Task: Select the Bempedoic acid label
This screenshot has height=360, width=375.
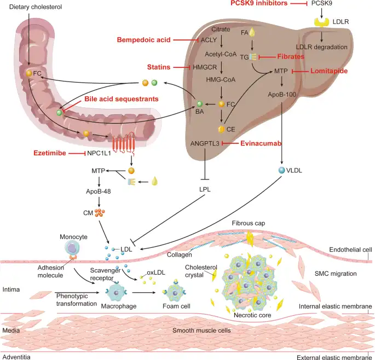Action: [x=144, y=39]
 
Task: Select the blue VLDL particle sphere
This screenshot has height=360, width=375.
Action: [x=281, y=171]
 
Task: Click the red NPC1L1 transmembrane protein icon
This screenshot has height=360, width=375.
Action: [x=124, y=144]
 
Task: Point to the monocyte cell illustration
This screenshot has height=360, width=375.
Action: [x=73, y=248]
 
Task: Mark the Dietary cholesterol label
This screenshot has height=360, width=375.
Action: [x=32, y=6]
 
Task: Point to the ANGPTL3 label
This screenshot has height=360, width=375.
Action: [x=204, y=143]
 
